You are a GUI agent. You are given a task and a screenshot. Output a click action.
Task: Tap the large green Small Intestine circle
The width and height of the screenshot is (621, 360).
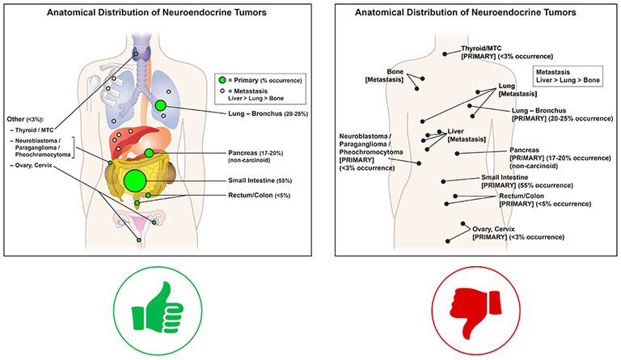[x=134, y=180]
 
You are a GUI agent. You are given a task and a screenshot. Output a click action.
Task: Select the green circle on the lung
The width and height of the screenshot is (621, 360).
[x=161, y=106]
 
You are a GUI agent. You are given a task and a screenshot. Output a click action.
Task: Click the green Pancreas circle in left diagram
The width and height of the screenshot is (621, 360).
[x=150, y=152]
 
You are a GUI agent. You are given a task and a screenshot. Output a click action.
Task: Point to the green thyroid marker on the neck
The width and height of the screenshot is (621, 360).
[x=136, y=53]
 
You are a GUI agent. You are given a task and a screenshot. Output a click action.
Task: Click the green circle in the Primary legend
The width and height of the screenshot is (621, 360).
[x=222, y=80]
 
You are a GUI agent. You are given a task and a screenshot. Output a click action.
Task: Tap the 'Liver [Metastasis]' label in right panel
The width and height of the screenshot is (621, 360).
[x=461, y=135]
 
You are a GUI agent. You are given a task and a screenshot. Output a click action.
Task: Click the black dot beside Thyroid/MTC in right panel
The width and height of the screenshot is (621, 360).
[x=446, y=53]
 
